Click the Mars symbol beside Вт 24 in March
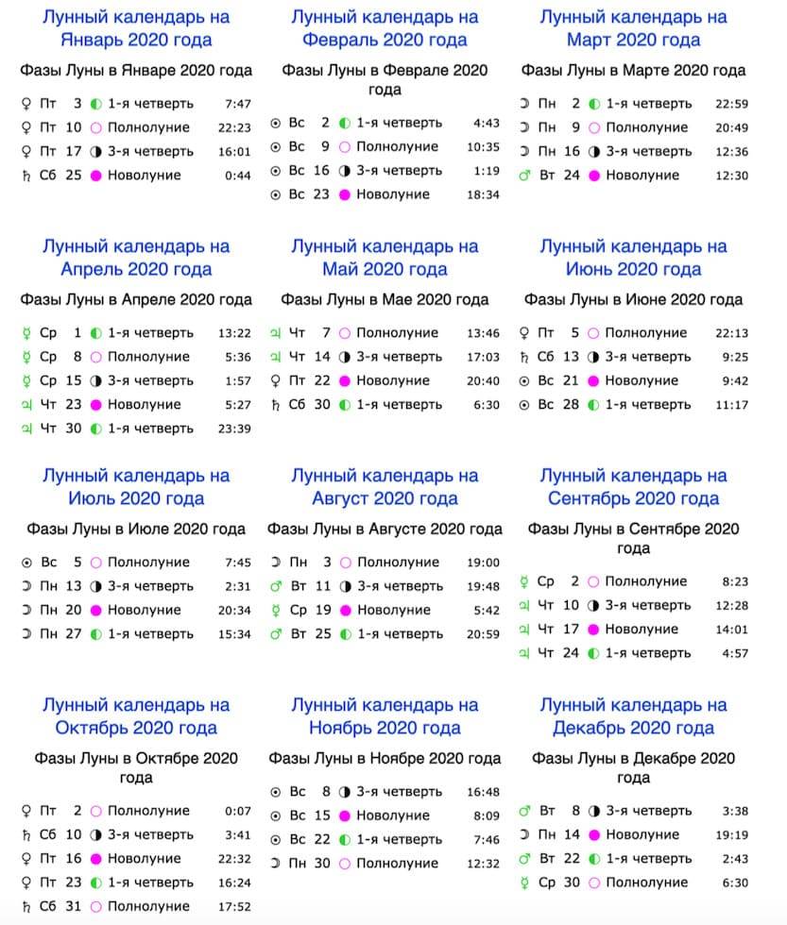click(525, 176)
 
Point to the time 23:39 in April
click(234, 429)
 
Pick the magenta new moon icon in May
click(345, 380)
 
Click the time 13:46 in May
click(483, 333)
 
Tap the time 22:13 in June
click(732, 333)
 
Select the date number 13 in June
click(570, 357)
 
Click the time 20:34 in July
click(234, 610)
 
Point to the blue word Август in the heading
click(346, 498)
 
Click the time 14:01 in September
click(732, 630)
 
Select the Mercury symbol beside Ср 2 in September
click(525, 581)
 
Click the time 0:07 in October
click(239, 811)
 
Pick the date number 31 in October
click(73, 906)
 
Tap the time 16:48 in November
click(483, 792)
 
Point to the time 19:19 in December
click(732, 834)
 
